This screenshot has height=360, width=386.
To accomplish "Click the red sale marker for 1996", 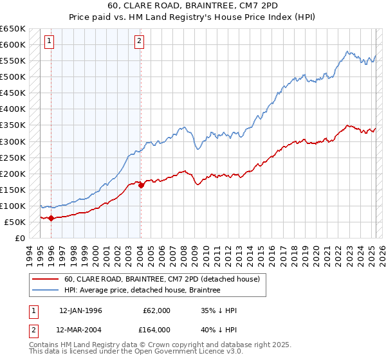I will click(51, 218).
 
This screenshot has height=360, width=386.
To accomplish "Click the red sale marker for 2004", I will click(141, 185).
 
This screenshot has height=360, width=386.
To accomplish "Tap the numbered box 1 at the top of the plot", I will click(50, 41).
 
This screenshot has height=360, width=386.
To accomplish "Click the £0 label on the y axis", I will click(21, 238).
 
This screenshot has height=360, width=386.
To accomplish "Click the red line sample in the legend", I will click(46, 279).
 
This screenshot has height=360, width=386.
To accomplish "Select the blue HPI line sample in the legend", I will click(46, 290).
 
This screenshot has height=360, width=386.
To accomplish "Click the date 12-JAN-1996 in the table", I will click(80, 310).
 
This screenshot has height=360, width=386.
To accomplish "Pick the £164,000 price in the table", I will click(157, 331).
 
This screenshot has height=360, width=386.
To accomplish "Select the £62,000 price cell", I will click(157, 310).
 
